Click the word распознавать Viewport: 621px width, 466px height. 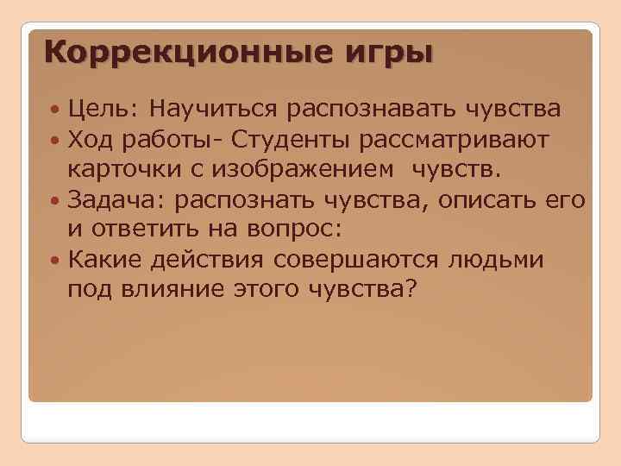click(x=373, y=110)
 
